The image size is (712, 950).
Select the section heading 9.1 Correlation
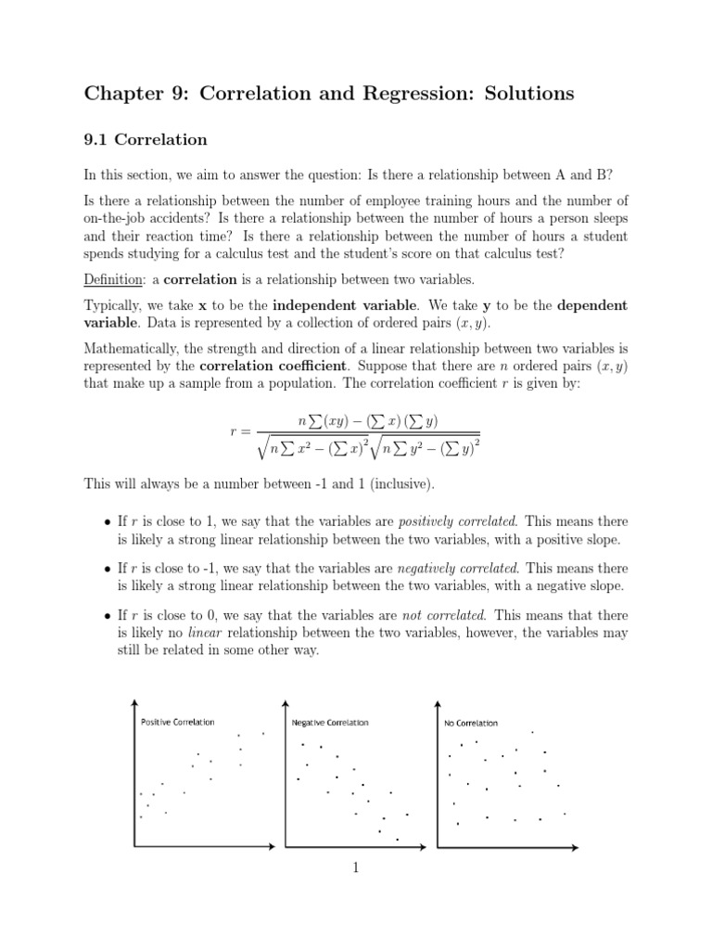145,140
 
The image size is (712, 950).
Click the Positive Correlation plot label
177,722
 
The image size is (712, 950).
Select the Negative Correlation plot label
329,722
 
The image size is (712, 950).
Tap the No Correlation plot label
471,723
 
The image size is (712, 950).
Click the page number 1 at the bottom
355,868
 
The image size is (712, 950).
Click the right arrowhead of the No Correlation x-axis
573,846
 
